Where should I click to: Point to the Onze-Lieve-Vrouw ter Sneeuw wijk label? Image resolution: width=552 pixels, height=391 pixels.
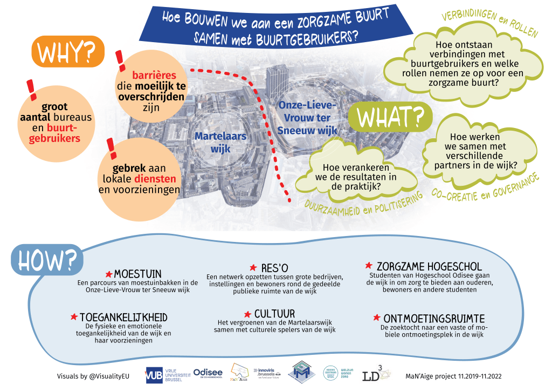[x=308, y=117]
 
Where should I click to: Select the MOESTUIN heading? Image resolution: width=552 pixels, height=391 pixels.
[x=137, y=274]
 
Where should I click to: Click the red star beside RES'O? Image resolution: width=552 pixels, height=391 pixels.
[x=253, y=267]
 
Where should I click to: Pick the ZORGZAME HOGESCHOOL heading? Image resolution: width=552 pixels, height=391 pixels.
[x=429, y=267]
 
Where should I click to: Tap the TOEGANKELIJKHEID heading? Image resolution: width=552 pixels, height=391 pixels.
[x=123, y=316]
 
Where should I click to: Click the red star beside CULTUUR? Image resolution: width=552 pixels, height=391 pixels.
[x=247, y=314]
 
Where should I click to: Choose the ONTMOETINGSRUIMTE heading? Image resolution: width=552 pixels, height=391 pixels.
[x=434, y=319]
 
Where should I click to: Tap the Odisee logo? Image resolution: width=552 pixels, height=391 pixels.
[x=208, y=374]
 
